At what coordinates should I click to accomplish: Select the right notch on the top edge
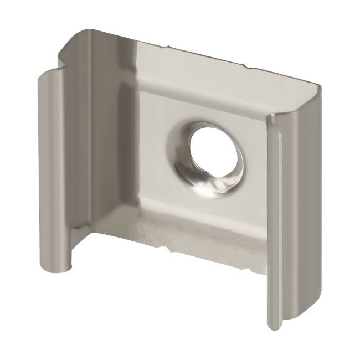246,67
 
